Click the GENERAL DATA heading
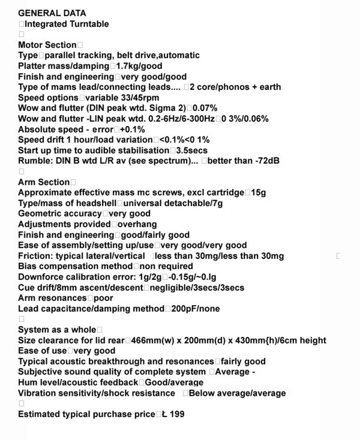click(52, 13)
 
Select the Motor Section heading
click(47, 45)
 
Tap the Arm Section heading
click(44, 182)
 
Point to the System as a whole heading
click(57, 330)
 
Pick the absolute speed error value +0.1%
click(133, 129)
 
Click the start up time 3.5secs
click(194, 150)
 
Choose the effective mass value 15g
click(259, 192)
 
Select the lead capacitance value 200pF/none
click(194, 309)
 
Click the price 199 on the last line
click(177, 414)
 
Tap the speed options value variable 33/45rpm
click(122, 98)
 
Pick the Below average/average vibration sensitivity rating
click(237, 393)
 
